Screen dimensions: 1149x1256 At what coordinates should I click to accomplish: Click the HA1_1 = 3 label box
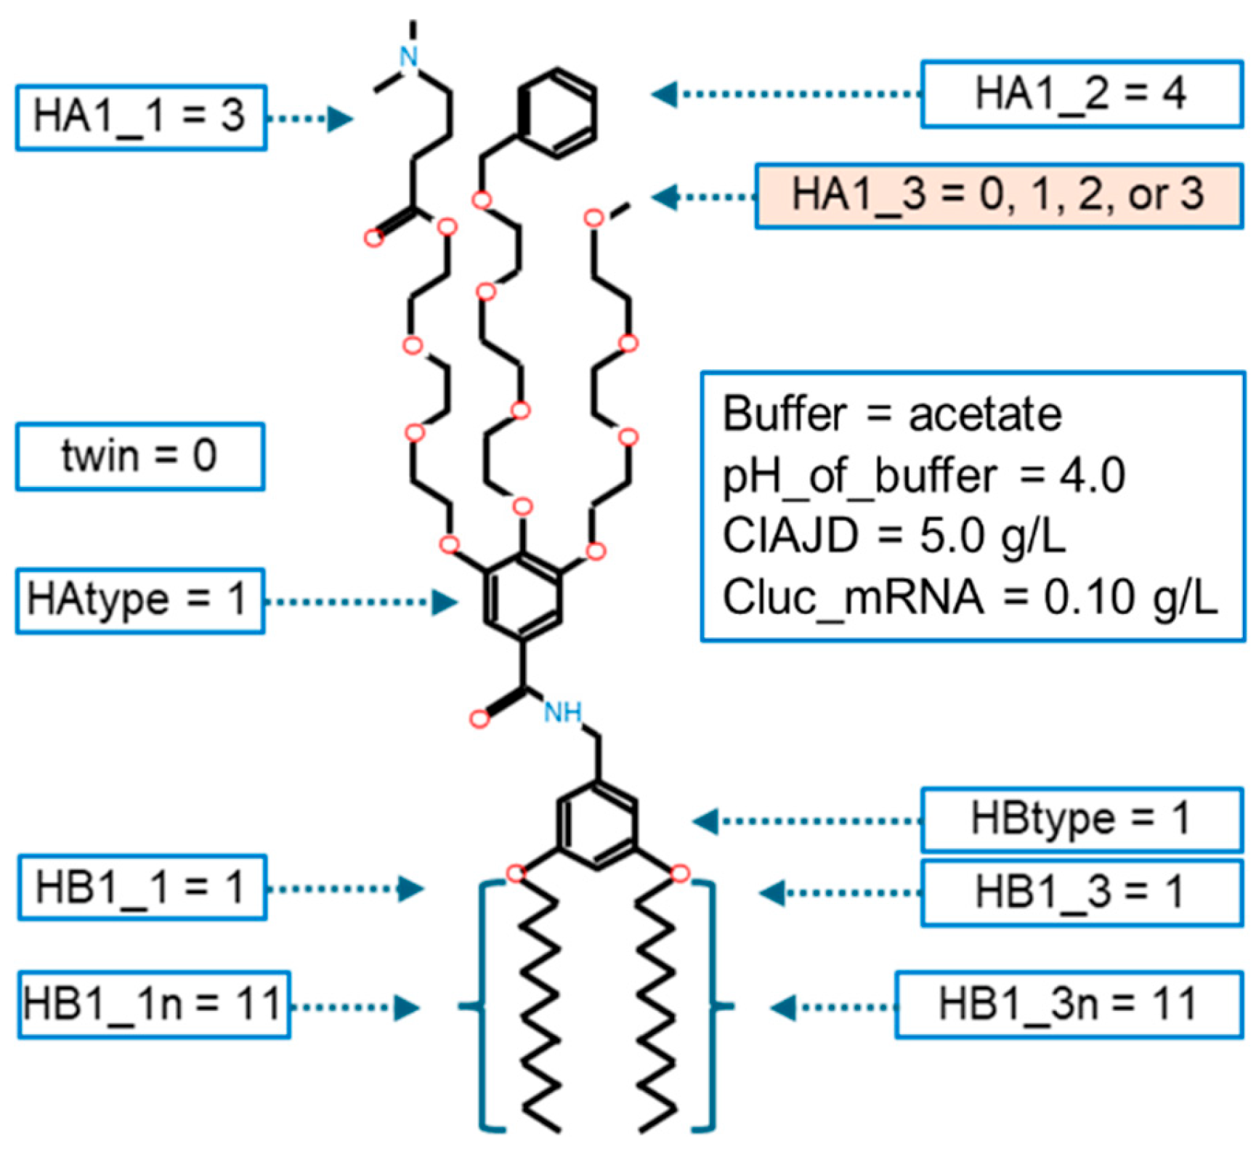[141, 117]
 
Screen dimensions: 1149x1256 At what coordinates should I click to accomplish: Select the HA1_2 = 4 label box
[1081, 94]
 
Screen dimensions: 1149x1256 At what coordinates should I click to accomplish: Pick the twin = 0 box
[139, 456]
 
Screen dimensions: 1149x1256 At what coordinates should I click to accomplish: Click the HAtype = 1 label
[139, 601]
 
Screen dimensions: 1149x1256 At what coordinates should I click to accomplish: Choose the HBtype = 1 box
[1081, 819]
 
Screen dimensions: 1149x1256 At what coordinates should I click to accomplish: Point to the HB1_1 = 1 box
[141, 887]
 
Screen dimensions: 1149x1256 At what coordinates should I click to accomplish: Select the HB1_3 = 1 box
[1081, 892]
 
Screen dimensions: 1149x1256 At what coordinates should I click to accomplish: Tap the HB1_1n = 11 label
[153, 1005]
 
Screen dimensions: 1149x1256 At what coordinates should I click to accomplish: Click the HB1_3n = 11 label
[1068, 1005]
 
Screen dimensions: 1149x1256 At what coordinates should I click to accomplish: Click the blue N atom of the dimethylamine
[410, 56]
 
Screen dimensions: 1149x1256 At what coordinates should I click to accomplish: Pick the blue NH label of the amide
[563, 713]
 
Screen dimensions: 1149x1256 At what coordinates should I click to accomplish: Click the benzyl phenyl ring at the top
[558, 113]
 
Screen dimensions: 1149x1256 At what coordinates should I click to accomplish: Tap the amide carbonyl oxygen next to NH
[479, 719]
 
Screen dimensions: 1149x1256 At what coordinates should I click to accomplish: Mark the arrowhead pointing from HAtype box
[445, 602]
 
